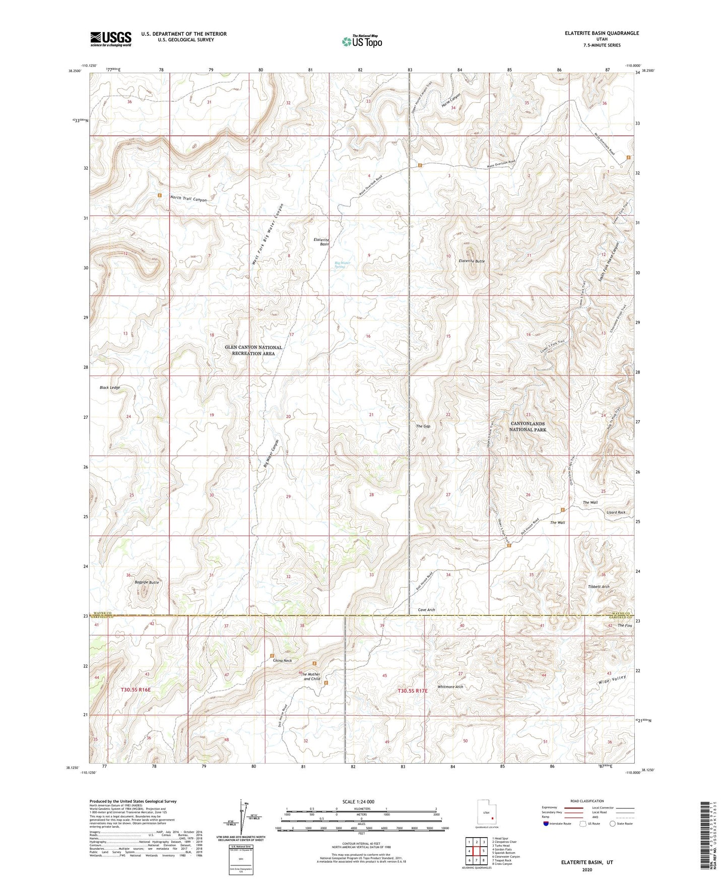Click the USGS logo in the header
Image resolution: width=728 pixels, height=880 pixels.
[x=111, y=39]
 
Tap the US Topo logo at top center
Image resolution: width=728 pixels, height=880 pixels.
[x=362, y=41]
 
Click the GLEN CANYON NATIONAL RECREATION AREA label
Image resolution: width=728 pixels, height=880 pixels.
[x=253, y=350]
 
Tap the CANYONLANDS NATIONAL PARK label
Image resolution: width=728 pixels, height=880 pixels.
[x=527, y=426]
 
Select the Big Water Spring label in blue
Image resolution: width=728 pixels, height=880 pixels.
[x=343, y=264]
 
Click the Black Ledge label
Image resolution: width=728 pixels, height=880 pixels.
[x=110, y=388]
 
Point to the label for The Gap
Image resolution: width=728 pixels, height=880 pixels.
[x=423, y=426]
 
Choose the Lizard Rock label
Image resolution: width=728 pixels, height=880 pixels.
[x=615, y=512]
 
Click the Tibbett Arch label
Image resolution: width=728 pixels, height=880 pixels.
[x=599, y=587]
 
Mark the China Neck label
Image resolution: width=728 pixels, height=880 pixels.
[x=282, y=660]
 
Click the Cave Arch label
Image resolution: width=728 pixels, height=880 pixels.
[x=426, y=610]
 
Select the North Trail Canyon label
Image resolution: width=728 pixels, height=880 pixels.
[x=188, y=200]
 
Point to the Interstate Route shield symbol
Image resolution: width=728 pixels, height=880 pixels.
[x=547, y=824]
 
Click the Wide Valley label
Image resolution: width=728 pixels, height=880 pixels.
[x=612, y=680]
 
